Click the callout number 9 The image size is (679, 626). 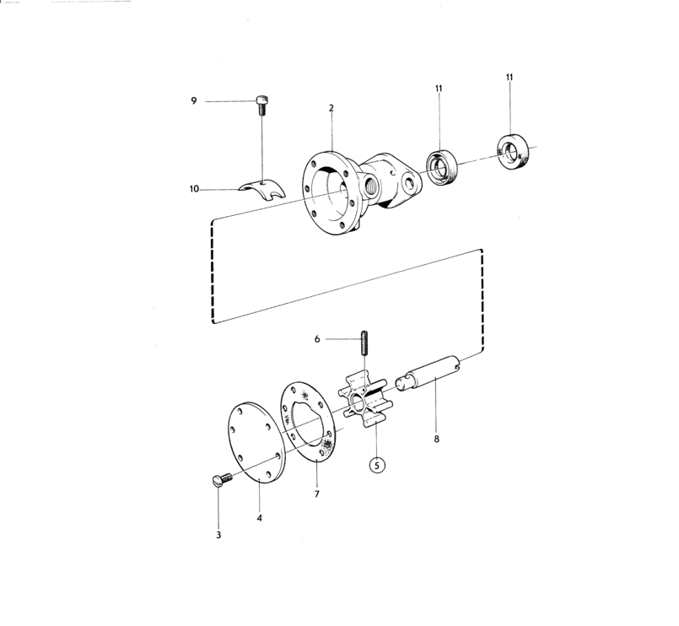tap(194, 101)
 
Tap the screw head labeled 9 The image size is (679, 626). tap(262, 100)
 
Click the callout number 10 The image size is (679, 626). tap(194, 189)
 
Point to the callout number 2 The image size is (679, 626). tap(331, 108)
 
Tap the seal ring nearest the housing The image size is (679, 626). tap(442, 167)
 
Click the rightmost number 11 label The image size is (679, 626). tap(509, 77)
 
